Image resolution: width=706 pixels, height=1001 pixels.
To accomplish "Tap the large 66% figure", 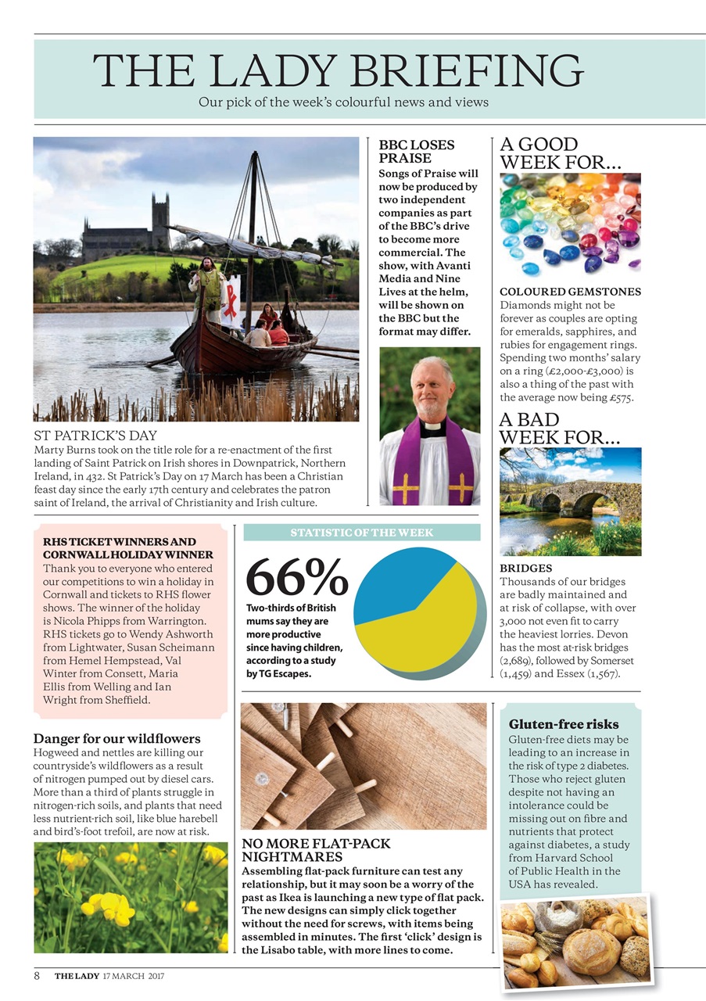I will (x=296, y=578).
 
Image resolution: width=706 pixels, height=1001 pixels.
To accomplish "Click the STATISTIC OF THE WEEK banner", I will (x=361, y=533).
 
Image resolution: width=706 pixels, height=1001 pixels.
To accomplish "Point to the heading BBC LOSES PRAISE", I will (x=416, y=152).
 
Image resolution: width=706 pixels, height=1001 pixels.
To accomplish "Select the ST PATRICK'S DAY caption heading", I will (x=95, y=435).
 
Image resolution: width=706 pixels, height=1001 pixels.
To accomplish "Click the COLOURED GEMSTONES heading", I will (x=570, y=292).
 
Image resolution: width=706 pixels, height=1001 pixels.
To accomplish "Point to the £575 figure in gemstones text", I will (x=618, y=398).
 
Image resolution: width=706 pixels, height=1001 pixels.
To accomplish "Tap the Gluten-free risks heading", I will (x=553, y=724).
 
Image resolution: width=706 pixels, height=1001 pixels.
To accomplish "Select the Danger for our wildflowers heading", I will (x=116, y=738).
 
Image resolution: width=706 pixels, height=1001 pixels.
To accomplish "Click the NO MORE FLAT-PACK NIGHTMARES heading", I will (x=316, y=851).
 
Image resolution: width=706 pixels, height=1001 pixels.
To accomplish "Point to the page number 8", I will (x=37, y=976).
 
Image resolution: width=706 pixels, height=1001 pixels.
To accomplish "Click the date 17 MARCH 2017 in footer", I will (x=134, y=977).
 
